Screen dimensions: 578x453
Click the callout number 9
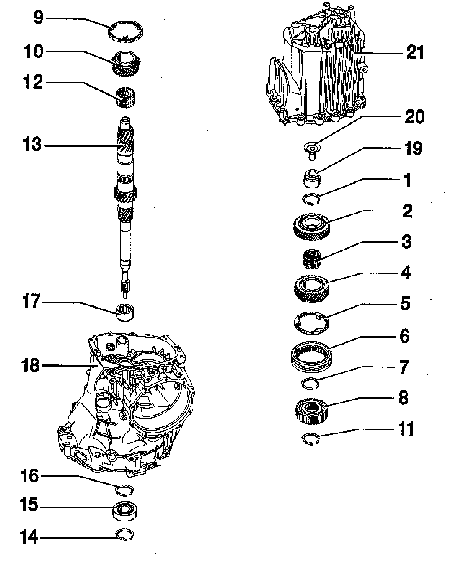[39, 18]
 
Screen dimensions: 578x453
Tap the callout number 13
[33, 145]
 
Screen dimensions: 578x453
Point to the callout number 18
[30, 365]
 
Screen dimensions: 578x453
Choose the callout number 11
[406, 429]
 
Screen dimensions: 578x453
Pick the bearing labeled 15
[125, 510]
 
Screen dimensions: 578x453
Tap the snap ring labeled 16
[125, 490]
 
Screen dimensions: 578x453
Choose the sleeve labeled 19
[312, 178]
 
